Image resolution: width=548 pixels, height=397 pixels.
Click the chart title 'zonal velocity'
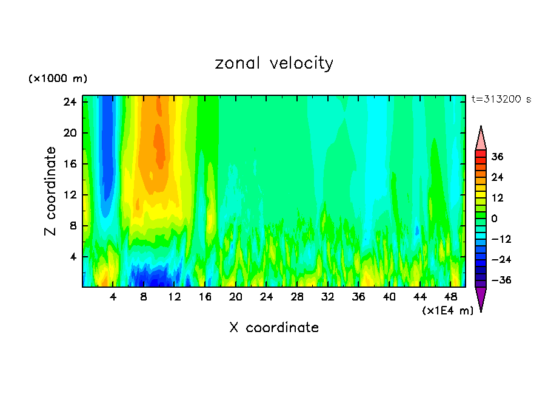274,63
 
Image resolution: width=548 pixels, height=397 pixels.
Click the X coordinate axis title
274,328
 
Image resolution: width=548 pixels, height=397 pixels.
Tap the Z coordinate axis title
51,191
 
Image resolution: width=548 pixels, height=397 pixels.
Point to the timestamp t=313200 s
501,100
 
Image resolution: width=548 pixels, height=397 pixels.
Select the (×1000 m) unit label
58,79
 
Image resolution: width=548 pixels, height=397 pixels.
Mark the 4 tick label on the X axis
113,297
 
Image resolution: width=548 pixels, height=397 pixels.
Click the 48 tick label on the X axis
450,297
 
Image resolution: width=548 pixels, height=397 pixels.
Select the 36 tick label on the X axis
358,297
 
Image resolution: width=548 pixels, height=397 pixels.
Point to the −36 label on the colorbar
501,280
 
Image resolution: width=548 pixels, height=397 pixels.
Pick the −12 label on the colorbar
501,239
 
